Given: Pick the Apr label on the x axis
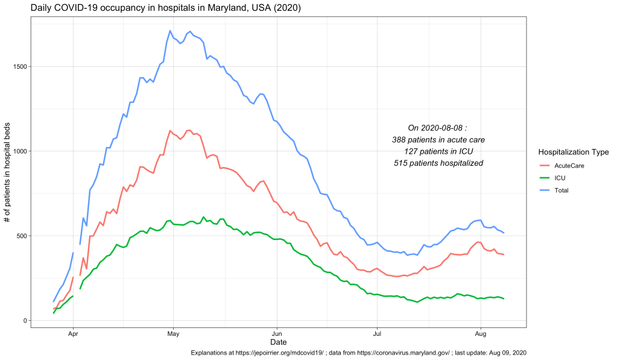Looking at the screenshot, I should coord(73,333).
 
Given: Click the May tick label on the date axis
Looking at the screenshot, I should coord(173,333).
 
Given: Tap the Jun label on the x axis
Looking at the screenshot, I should coord(277,333).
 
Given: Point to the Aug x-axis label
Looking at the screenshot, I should coord(481,333).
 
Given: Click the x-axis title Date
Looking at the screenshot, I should coord(279,342).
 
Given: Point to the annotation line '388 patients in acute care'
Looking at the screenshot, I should coord(438,139).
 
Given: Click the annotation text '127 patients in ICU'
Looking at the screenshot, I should coord(438,151).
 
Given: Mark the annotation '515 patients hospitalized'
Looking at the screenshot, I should coord(438,163).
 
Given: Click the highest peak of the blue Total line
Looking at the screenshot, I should coord(170,31).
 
